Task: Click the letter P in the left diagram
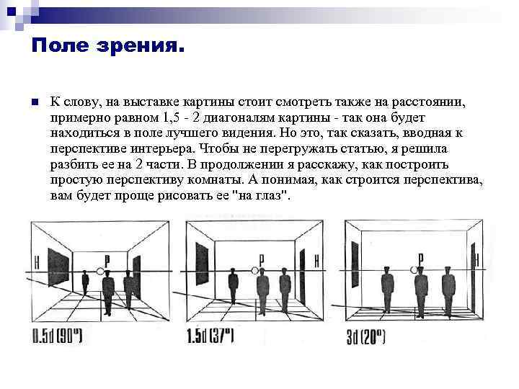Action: pos(107,261)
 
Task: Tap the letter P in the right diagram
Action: pos(421,259)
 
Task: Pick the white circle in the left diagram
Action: pos(99,272)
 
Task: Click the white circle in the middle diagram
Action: pos(254,270)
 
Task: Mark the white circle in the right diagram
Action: pos(414,270)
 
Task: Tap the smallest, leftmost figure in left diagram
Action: pos(85,282)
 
